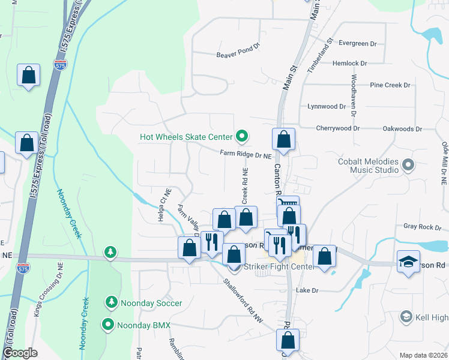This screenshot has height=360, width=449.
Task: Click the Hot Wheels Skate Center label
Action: click(186, 137)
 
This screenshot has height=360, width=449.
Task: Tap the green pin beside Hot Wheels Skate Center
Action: click(242, 137)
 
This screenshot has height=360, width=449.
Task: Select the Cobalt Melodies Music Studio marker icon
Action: click(409, 164)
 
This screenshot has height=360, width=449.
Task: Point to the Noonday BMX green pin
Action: click(109, 325)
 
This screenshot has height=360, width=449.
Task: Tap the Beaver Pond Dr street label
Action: click(239, 55)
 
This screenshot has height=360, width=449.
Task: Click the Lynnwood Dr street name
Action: click(327, 107)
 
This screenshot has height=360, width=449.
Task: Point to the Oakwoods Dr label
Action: click(402, 129)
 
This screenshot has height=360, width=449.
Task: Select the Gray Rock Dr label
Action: click(422, 227)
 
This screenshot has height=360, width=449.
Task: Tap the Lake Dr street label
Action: click(306, 290)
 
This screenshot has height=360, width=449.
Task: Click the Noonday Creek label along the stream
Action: click(68, 214)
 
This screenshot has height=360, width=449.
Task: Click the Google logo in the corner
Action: click(20, 353)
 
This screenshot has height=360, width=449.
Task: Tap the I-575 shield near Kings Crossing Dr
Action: click(23, 268)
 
